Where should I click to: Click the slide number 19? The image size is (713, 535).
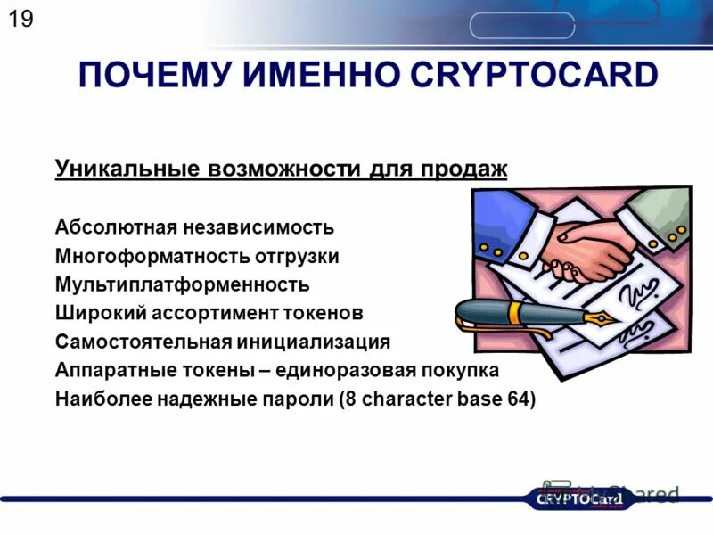pos(20,19)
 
